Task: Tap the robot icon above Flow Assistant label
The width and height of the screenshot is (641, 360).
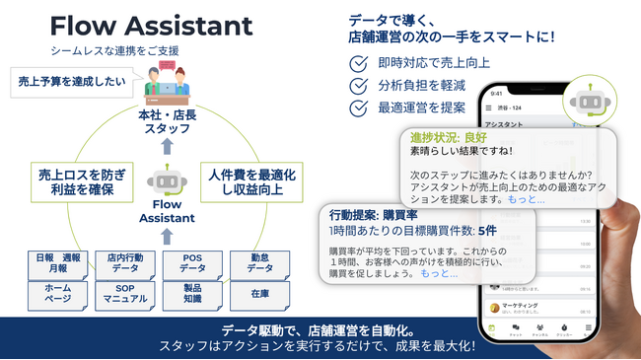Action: coord(167,184)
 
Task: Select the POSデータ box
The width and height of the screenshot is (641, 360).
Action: coord(192,263)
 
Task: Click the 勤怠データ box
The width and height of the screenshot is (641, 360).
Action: coord(258,263)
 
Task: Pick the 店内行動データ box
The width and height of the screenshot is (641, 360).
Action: coord(125,263)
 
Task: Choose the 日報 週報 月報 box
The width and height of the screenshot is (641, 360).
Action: coord(58,263)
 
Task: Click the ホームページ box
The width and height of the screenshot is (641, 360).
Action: coord(58,297)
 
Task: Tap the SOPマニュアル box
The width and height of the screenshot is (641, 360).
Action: coord(125,297)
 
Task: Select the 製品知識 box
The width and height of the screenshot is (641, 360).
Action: coord(192,297)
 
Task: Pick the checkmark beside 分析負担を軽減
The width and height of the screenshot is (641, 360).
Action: coord(360,86)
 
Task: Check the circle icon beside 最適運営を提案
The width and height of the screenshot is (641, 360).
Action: coord(360,108)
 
